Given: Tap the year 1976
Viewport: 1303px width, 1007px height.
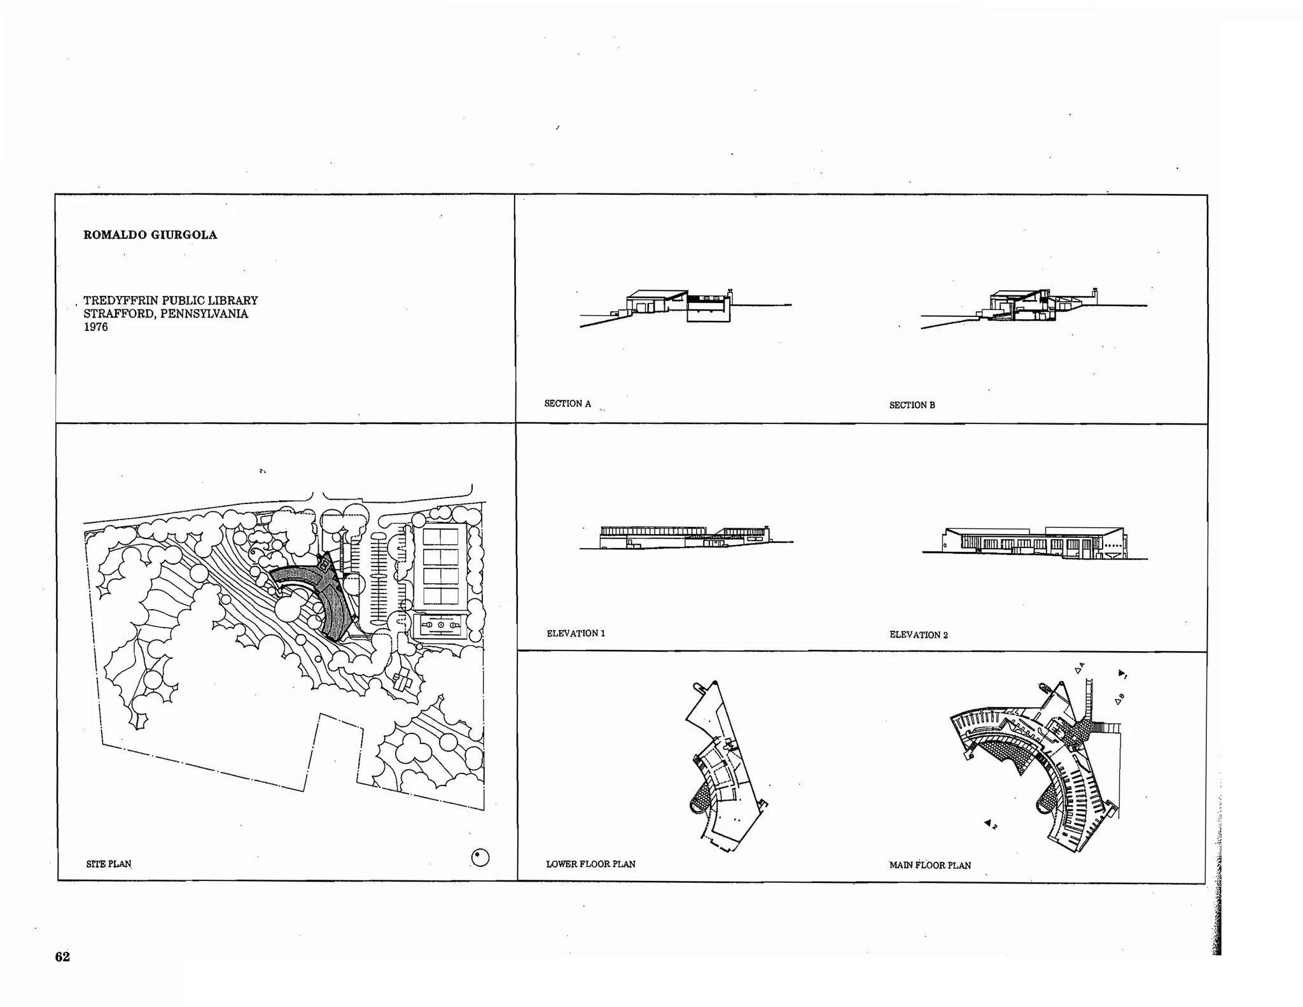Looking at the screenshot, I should tap(95, 327).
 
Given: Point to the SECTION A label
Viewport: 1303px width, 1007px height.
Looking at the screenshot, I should tap(567, 404).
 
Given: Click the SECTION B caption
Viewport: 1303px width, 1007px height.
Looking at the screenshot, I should tap(912, 405).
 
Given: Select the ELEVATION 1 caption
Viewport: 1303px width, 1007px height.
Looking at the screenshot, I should tap(575, 633).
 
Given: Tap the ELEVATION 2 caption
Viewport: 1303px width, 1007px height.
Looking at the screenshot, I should tap(918, 635).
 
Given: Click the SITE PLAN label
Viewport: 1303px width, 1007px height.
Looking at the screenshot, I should tap(108, 864).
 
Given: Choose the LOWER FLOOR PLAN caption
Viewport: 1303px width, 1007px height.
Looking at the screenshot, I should tap(590, 864).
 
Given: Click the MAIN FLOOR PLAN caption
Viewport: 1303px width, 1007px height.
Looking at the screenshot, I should tap(930, 865).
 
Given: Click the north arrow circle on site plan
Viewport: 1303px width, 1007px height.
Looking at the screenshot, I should tap(480, 858).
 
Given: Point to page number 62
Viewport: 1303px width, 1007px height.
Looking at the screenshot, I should tap(62, 957).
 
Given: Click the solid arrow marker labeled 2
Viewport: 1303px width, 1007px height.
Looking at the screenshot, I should tap(988, 823).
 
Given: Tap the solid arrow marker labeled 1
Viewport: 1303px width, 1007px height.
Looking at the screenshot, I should tap(1122, 672).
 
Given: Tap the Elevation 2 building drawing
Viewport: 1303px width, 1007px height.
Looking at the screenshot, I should tap(1034, 543).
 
